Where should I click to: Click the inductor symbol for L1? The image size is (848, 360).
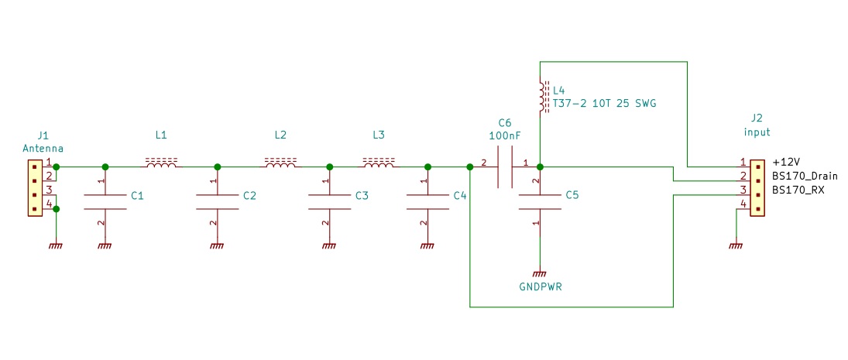click(161, 163)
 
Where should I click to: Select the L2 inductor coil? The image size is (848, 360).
click(280, 163)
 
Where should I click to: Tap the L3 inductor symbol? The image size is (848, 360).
click(378, 163)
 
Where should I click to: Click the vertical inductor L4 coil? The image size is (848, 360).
click(541, 95)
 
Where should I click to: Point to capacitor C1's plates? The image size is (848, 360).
click(105, 201)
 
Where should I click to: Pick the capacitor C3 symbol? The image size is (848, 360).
click(330, 201)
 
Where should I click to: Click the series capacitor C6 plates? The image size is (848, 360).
click(504, 166)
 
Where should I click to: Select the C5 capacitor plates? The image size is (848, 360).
click(540, 201)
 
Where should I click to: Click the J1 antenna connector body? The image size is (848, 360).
click(34, 188)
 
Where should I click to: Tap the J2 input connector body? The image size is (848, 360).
click(757, 188)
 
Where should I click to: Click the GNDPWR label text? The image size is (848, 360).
click(540, 287)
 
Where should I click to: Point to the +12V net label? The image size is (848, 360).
click(785, 163)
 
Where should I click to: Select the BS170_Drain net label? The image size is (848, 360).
click(805, 177)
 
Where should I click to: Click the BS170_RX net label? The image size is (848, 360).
click(798, 190)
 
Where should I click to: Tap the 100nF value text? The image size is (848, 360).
click(504, 135)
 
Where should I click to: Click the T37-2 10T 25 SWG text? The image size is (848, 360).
click(605, 103)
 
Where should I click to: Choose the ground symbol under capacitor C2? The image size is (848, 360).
click(218, 245)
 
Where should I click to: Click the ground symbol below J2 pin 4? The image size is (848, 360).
click(735, 245)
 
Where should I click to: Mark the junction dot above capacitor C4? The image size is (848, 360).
click(427, 166)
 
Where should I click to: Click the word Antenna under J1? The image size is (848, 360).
click(43, 148)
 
